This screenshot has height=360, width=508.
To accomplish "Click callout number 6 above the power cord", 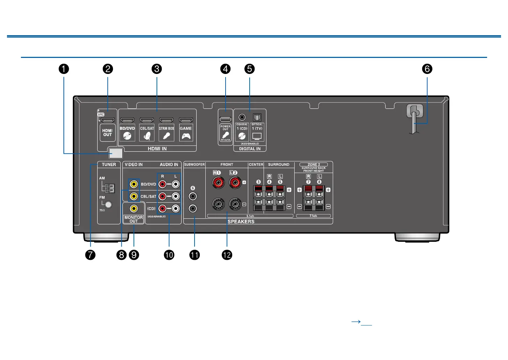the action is click(x=427, y=69).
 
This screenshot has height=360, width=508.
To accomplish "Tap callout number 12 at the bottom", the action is click(x=227, y=255).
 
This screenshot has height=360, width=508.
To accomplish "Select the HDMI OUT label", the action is click(x=107, y=133).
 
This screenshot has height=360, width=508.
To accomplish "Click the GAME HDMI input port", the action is click(x=186, y=120).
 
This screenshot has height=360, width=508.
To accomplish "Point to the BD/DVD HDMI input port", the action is click(x=127, y=120).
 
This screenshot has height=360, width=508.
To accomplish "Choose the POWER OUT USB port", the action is click(x=225, y=119).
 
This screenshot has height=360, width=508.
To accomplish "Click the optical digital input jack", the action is click(x=257, y=117).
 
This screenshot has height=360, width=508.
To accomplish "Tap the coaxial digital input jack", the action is click(x=242, y=117).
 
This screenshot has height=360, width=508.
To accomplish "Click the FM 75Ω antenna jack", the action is click(x=108, y=205).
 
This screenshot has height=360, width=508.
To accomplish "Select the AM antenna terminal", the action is click(x=109, y=188).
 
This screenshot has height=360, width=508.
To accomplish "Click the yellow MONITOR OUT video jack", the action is click(x=134, y=209).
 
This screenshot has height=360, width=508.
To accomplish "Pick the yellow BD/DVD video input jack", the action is click(x=134, y=184).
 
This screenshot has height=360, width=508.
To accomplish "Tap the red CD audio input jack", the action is click(x=162, y=209).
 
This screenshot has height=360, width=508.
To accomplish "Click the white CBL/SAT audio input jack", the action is click(x=176, y=196).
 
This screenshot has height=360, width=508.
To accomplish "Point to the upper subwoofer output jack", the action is click(x=193, y=197).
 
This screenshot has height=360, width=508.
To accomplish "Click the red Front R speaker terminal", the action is click(x=219, y=182).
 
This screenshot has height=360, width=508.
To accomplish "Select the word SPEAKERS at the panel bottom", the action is click(x=241, y=222).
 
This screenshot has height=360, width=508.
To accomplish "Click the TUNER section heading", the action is click(x=109, y=165).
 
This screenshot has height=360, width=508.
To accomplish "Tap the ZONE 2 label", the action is click(x=313, y=164).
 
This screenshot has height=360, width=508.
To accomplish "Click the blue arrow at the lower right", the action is click(x=356, y=322).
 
